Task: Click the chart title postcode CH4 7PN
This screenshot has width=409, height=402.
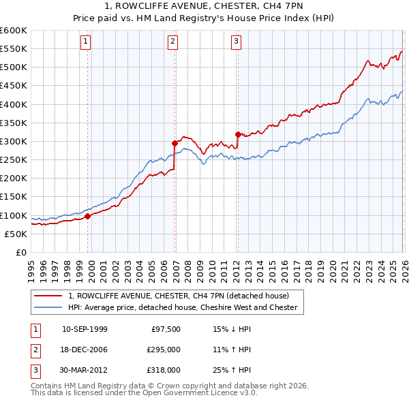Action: tap(277, 7)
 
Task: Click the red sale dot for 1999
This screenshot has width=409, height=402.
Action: tap(88, 216)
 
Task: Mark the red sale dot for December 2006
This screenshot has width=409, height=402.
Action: tap(175, 143)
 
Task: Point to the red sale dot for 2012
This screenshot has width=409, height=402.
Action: tap(238, 134)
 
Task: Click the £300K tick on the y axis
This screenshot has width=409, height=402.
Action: tap(14, 141)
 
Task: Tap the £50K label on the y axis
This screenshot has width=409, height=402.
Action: tap(16, 234)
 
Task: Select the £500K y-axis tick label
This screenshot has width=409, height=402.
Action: tap(14, 67)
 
